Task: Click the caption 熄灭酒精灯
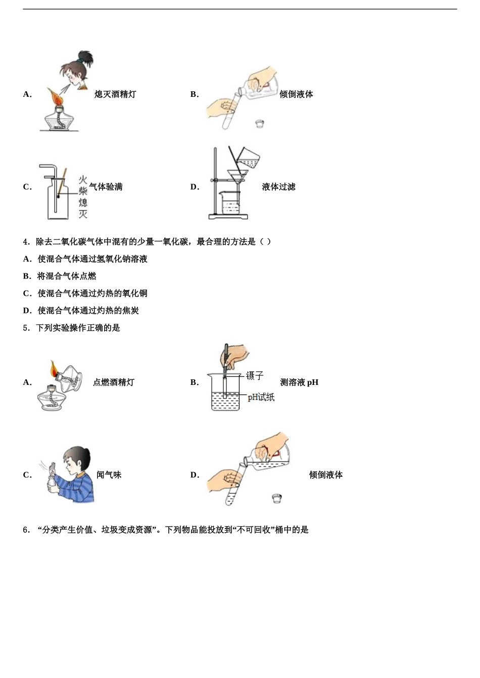point(115,94)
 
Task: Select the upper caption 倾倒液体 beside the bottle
point(296,94)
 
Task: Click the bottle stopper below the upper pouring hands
point(260,123)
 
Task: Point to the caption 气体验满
point(106,187)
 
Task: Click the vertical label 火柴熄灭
point(83,197)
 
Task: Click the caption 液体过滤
point(278,187)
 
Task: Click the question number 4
point(26,242)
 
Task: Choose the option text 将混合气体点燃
point(67,276)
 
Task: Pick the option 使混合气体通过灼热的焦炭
point(88,311)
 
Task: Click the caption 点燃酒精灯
point(114,382)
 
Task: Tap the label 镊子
point(255,376)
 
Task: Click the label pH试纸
point(261,398)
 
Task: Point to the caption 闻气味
point(109,475)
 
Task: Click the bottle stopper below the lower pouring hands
point(276,498)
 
